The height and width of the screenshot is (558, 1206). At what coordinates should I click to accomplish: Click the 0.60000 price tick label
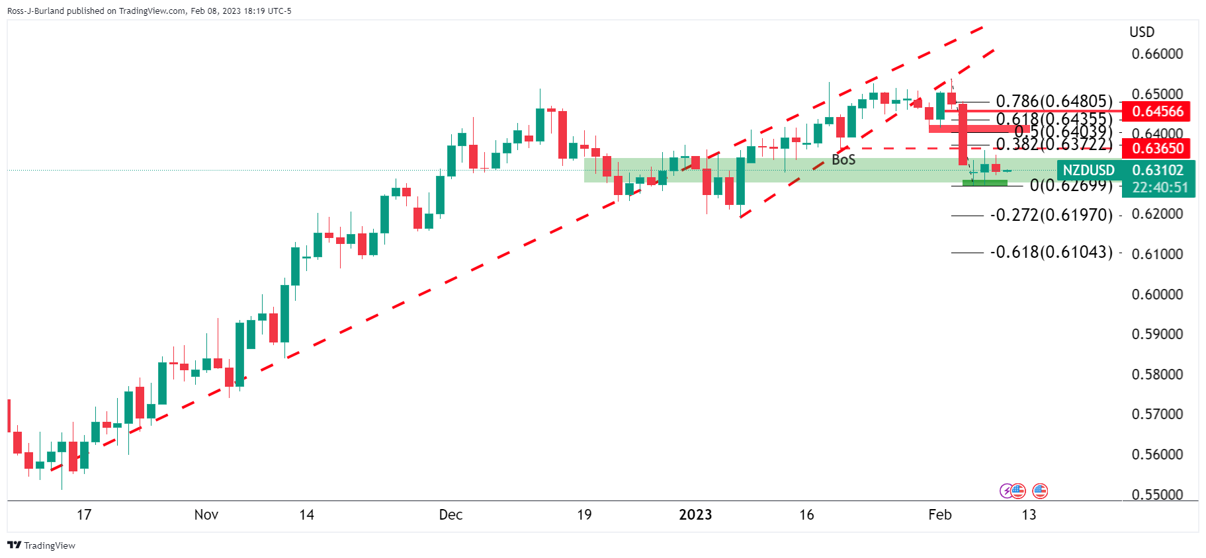pyautogui.click(x=1157, y=294)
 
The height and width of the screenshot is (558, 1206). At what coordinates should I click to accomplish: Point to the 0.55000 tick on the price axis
pyautogui.click(x=1157, y=495)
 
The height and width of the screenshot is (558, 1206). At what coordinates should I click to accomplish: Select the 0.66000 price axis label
pyautogui.click(x=1157, y=54)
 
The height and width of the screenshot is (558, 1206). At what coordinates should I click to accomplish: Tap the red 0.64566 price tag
pyautogui.click(x=1157, y=111)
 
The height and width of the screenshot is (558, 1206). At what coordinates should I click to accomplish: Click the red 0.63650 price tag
pyautogui.click(x=1157, y=148)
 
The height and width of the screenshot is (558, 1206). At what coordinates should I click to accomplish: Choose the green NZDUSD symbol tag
pyautogui.click(x=1088, y=171)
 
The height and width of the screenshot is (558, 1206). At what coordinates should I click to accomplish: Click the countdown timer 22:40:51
pyautogui.click(x=1160, y=188)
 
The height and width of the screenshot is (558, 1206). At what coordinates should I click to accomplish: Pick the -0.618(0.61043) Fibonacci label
pyautogui.click(x=1051, y=252)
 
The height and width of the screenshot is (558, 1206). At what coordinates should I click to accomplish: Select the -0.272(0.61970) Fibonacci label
pyautogui.click(x=1051, y=215)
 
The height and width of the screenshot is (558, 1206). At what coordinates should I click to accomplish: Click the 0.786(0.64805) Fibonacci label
pyautogui.click(x=1054, y=101)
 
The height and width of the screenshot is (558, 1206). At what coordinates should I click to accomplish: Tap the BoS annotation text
pyautogui.click(x=843, y=160)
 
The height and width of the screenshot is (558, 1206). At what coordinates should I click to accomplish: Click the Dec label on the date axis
pyautogui.click(x=451, y=515)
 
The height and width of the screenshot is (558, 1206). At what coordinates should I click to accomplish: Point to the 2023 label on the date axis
pyautogui.click(x=695, y=515)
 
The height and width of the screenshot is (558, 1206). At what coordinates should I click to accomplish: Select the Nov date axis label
pyautogui.click(x=206, y=515)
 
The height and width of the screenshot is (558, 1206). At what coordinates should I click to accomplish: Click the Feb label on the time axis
pyautogui.click(x=939, y=515)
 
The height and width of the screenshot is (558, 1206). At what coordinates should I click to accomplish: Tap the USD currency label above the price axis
pyautogui.click(x=1142, y=32)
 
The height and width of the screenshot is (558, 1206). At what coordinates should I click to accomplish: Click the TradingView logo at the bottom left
pyautogui.click(x=41, y=545)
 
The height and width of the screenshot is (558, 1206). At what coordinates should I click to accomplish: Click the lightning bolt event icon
pyautogui.click(x=1006, y=491)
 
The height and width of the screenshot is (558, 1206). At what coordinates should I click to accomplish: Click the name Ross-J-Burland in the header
pyautogui.click(x=36, y=11)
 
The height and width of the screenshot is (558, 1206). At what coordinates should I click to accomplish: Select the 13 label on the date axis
pyautogui.click(x=1029, y=515)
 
